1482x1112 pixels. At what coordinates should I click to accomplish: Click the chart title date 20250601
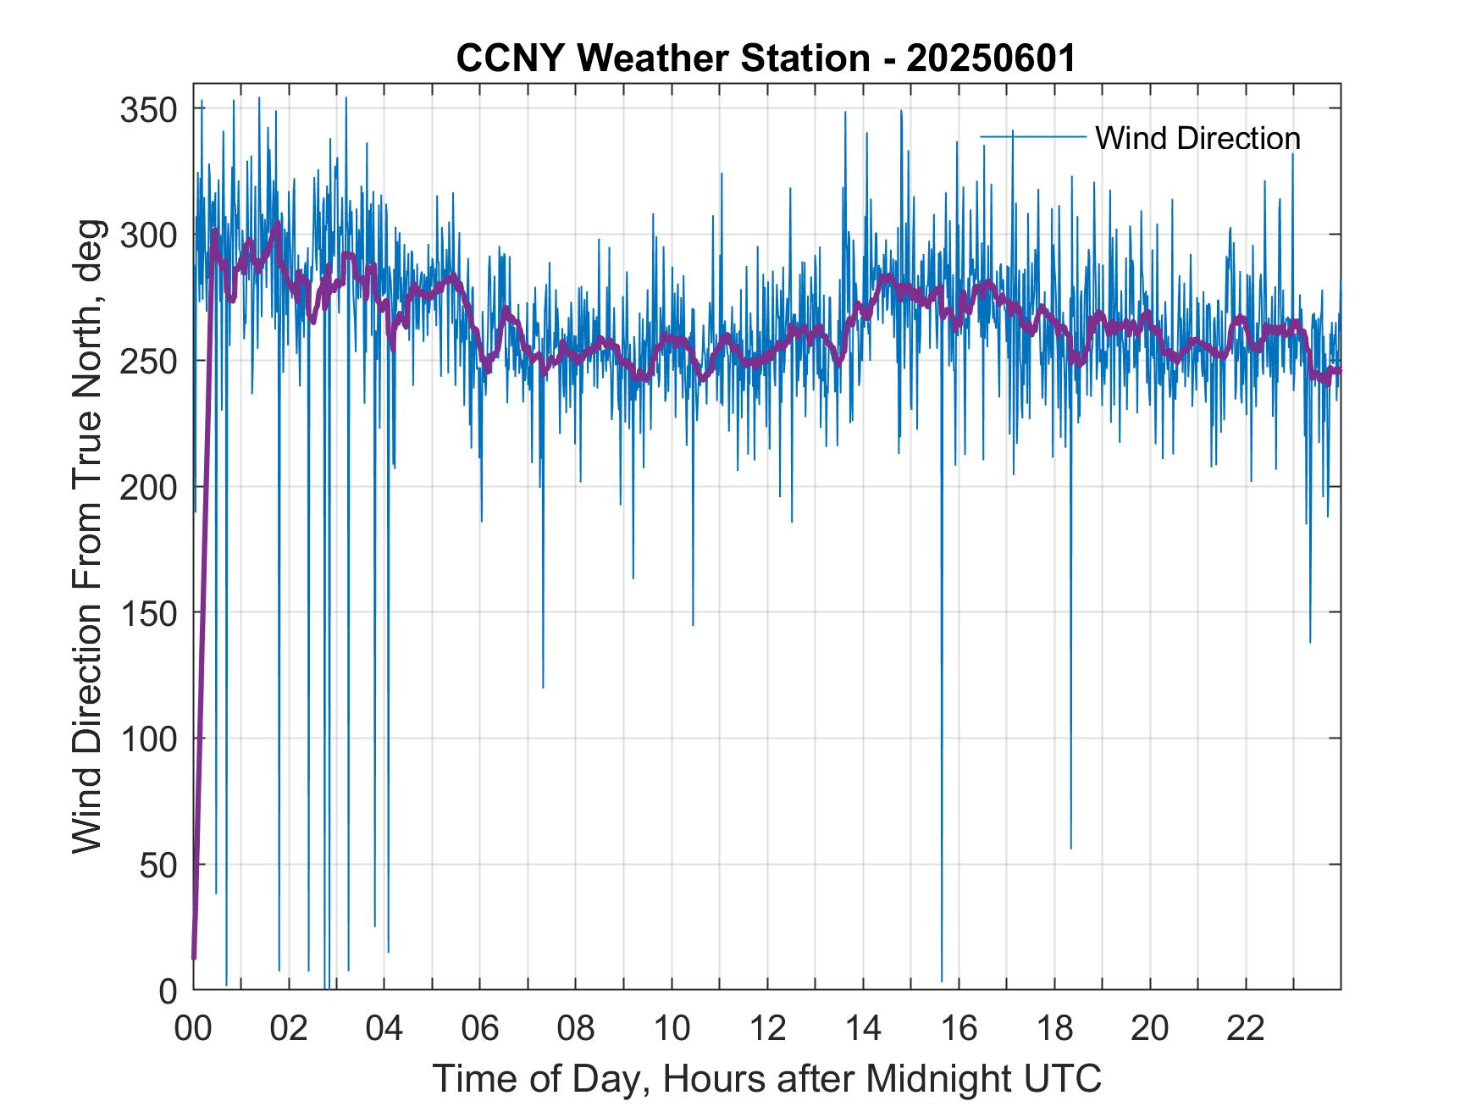(x=991, y=58)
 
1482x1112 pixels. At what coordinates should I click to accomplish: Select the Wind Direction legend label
(x=1197, y=138)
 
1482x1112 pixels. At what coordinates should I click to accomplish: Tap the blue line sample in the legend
(x=1032, y=136)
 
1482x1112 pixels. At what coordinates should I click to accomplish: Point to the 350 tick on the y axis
(x=148, y=110)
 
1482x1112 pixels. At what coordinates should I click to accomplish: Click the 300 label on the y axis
(x=148, y=235)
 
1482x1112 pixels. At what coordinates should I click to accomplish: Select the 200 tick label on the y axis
(x=148, y=488)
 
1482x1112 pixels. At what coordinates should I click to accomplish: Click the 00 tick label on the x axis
(x=193, y=1029)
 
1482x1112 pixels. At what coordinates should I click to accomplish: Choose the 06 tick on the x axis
(x=480, y=1029)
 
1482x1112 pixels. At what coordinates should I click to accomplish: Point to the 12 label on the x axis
(x=767, y=1029)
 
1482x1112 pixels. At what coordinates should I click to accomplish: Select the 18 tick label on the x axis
(x=1054, y=1029)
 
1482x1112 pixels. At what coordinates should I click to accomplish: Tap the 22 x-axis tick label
(x=1246, y=1029)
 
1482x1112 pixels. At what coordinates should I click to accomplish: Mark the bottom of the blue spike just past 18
(x=1070, y=848)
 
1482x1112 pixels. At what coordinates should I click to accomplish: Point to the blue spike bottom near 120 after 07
(x=543, y=687)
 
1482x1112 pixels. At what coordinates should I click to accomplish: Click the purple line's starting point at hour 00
(x=194, y=958)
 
